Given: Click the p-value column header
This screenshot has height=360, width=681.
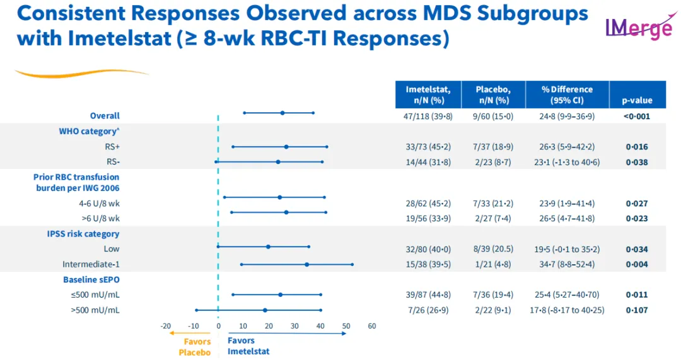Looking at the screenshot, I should (637, 100).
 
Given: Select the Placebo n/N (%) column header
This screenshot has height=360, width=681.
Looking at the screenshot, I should (492, 95).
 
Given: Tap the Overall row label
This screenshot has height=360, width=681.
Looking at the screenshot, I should (105, 116).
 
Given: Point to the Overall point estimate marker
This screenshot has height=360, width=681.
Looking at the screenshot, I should (282, 113).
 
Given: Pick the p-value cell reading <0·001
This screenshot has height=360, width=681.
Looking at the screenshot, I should (637, 116).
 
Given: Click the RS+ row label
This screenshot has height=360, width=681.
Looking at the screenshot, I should (112, 147).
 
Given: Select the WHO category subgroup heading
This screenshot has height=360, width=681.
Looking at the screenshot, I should (89, 131).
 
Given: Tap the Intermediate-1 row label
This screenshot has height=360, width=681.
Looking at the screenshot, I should (91, 264).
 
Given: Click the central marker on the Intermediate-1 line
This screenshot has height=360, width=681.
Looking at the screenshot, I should (307, 264).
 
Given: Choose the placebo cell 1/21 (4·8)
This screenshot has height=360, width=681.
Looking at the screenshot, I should (492, 264).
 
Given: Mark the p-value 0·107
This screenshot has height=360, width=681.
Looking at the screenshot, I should (637, 310).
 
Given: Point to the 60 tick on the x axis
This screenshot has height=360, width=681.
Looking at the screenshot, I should (371, 326).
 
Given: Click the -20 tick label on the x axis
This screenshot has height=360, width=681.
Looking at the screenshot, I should (165, 326).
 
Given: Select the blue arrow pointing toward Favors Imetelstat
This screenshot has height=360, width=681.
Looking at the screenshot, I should (287, 334).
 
